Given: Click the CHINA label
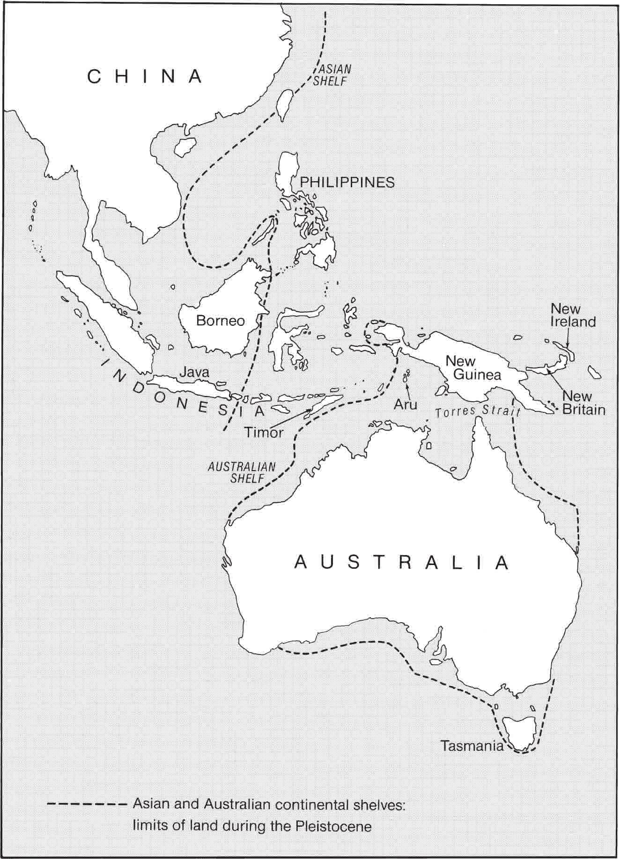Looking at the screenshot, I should coord(145,77).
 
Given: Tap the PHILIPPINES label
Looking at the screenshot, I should coord(347,182).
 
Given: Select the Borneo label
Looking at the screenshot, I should coord(220,321).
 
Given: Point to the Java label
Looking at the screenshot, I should coord(195,373).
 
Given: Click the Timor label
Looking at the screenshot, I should coord(264,432).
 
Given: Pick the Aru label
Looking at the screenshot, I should coord(406,404).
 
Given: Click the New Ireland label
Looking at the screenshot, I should coord(573,316).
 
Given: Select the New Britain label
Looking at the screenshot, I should coord(583,403).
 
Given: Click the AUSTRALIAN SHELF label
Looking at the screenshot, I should coord(242,472).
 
